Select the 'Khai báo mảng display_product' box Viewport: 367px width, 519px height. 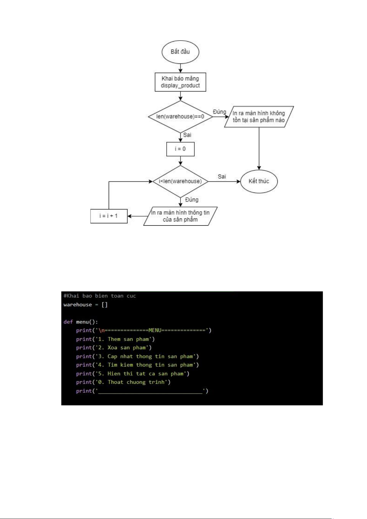click(180, 82)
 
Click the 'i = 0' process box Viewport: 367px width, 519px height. click(180, 149)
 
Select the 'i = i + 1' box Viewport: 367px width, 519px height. click(109, 216)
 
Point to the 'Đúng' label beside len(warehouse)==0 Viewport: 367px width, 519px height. click(219, 112)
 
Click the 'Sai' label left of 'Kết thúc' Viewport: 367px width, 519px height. click(222, 176)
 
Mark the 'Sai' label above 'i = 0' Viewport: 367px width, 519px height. click(187, 135)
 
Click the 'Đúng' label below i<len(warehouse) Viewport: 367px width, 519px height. click(192, 200)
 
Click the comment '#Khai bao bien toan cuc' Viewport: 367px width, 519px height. click(99, 296)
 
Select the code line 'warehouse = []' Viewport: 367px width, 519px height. click(86, 305)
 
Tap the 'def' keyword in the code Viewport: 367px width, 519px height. click(68, 322)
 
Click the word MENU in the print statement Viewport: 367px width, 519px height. click(155, 330)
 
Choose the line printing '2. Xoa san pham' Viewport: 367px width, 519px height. click(114, 348)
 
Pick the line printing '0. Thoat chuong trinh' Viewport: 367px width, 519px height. click(123, 382)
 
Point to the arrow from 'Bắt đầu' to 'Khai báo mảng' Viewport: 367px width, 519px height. click(180, 68)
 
